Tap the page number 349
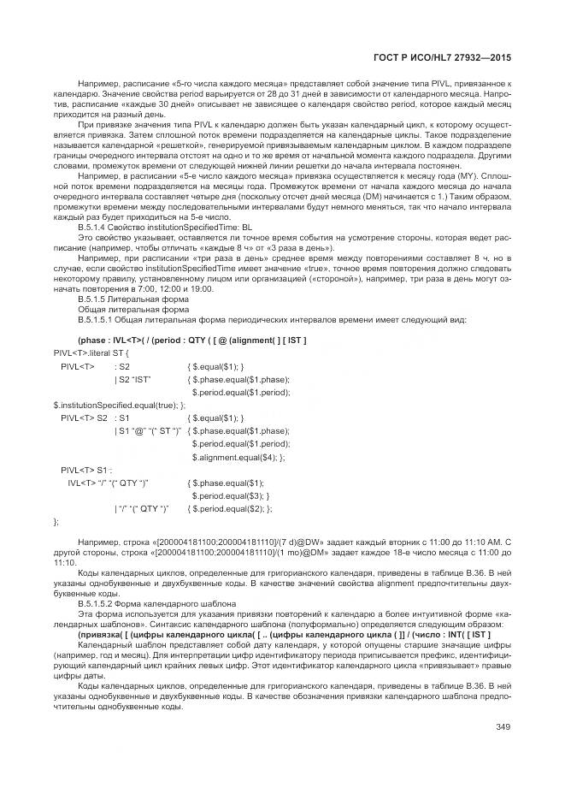click(503, 728)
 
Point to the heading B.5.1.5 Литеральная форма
click(126, 300)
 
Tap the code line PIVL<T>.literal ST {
click(91, 353)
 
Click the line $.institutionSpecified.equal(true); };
click(119, 405)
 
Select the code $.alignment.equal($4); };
click(238, 457)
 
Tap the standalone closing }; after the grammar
click(57, 521)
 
